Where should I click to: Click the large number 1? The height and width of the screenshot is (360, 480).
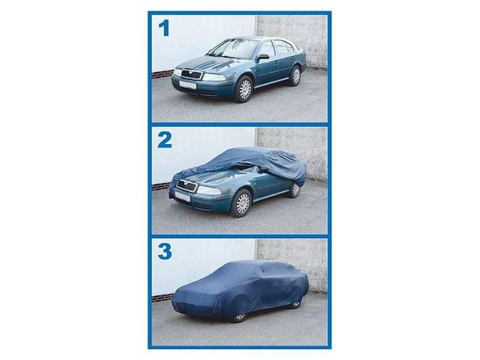coord(164,28)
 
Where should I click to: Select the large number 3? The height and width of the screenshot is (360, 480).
coord(165,251)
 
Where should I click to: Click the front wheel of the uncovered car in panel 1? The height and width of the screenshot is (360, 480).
coord(244,89)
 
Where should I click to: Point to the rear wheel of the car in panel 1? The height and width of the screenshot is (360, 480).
coord(296,76)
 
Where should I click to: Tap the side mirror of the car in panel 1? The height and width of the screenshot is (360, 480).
coord(263,56)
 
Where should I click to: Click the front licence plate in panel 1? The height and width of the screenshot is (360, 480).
coord(187,85)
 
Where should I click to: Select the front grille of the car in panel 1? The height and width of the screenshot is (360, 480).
coord(191,74)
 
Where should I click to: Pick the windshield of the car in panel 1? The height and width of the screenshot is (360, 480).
coord(234,48)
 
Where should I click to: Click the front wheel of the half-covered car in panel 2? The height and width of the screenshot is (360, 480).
coord(242,203)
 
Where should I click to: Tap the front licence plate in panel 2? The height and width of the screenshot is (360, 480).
coord(182,196)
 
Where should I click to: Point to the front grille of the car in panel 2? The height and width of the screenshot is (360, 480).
coord(187,185)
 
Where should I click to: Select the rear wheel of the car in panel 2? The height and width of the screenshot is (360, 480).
coord(294,190)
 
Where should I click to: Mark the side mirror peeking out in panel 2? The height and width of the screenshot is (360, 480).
coord(263,168)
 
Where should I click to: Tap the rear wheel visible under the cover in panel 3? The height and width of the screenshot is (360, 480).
coord(295,305)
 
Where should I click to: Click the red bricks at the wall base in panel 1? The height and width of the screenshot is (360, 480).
coord(163,74)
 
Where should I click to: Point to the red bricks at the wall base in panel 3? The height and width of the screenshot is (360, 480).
coord(162,298)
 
